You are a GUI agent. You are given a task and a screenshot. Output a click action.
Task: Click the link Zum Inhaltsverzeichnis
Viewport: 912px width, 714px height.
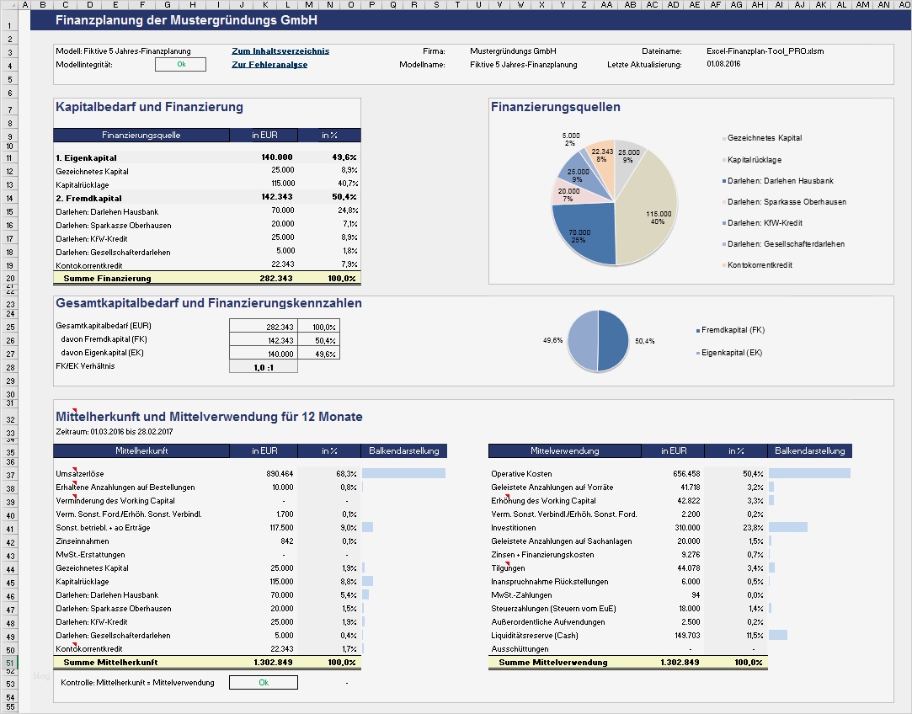(280, 51)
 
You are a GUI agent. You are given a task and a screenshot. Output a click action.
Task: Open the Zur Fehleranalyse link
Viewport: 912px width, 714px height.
(269, 65)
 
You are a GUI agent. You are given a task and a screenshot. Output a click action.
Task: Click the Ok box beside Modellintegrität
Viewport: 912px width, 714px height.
(180, 65)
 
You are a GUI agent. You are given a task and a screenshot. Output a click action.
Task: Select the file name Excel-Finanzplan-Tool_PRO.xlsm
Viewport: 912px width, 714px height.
(765, 51)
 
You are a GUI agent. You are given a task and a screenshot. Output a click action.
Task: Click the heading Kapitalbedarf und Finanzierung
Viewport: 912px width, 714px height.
(149, 107)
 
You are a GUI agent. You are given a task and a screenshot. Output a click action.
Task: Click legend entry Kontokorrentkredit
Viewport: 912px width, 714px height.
(760, 265)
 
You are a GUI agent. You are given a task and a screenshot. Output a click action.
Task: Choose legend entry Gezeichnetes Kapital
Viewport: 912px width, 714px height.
(764, 138)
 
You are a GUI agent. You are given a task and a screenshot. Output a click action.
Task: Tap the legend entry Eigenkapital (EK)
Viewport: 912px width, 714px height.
(732, 353)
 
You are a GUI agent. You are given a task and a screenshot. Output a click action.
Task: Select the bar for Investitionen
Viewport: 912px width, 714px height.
(787, 528)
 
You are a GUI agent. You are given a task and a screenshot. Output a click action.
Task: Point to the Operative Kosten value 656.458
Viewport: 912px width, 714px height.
(682, 474)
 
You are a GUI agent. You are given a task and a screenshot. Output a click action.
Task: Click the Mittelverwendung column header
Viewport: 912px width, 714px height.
(564, 451)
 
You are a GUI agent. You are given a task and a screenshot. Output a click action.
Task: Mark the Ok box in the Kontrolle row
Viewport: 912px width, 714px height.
(263, 683)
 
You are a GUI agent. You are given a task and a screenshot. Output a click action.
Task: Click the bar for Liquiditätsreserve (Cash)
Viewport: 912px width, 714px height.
(777, 636)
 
